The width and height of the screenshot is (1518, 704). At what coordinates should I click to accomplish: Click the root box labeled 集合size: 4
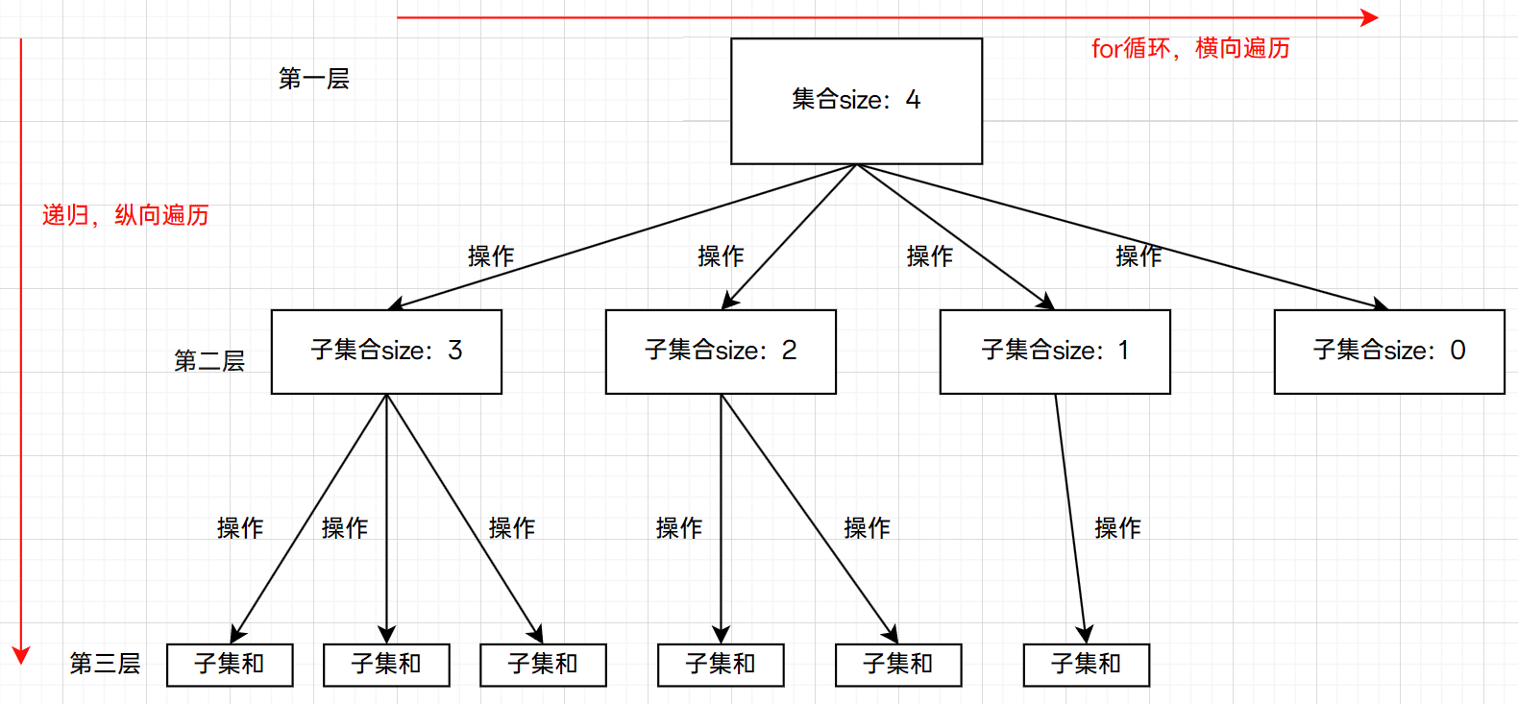856,101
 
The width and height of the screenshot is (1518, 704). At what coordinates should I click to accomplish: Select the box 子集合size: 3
386,352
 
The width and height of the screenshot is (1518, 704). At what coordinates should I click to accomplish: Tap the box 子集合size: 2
721,352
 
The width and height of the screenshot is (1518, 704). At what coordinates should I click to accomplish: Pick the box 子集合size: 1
1055,352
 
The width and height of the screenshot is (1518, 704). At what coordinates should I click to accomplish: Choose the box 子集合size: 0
1389,352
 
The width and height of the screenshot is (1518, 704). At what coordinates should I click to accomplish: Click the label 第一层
314,79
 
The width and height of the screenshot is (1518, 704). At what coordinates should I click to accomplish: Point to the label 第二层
209,360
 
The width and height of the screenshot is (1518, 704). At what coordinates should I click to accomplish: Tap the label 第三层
105,664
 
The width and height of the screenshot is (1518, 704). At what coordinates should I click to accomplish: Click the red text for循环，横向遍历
1190,49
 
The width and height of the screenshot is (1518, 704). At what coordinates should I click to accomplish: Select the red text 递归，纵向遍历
125,215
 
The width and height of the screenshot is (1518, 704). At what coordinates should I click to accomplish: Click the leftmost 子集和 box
230,665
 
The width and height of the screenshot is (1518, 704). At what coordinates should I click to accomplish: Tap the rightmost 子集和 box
1087,665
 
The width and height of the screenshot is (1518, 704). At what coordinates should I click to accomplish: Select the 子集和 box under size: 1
1087,665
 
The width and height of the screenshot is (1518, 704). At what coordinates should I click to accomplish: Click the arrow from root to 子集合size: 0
1122,236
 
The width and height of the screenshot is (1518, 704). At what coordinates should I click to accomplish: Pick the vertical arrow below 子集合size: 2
721,519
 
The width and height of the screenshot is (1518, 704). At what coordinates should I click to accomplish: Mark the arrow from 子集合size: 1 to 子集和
1070,519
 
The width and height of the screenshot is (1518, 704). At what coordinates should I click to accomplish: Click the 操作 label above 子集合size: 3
491,256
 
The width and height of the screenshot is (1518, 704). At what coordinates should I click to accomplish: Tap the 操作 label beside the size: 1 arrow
1118,528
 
